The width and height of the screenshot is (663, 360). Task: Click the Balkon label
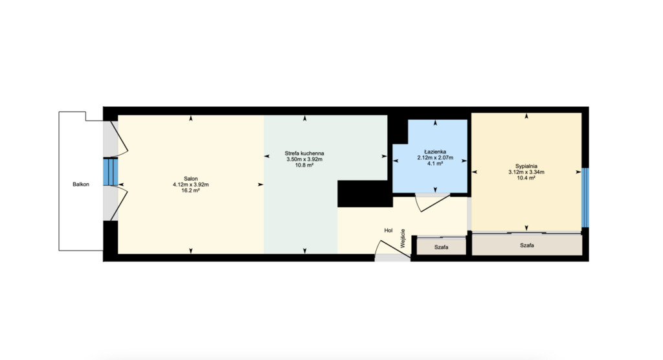coord(81,185)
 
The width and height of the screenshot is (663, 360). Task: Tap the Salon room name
coord(190,178)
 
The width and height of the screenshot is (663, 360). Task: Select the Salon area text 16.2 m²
coord(190,191)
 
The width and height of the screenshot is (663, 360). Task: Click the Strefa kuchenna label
coord(304,153)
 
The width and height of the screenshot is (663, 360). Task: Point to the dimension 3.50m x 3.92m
coord(304,159)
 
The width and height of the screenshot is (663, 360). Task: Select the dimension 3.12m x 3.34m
coord(526,172)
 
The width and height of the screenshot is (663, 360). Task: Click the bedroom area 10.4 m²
coord(526,178)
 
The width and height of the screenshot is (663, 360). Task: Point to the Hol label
coord(388,230)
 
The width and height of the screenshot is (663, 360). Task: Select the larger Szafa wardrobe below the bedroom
coord(526,245)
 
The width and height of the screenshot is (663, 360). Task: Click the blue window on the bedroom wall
coord(585,197)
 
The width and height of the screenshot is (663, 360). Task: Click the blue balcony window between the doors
coord(110,172)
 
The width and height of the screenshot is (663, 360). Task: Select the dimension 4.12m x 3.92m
coord(190,185)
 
